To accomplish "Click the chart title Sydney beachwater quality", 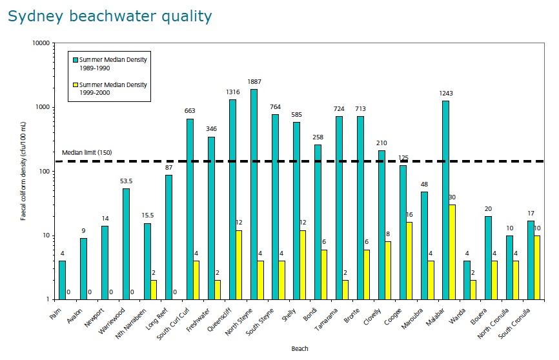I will [110, 16].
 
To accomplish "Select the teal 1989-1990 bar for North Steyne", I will [254, 194].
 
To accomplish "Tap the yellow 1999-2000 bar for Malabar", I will [452, 252].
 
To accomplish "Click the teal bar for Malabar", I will [445, 200].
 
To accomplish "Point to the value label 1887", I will [256, 82].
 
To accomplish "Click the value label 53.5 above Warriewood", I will [127, 181].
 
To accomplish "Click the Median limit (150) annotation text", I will [87, 153].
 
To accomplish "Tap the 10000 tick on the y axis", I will [41, 43].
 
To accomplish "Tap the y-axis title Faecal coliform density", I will [23, 172].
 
